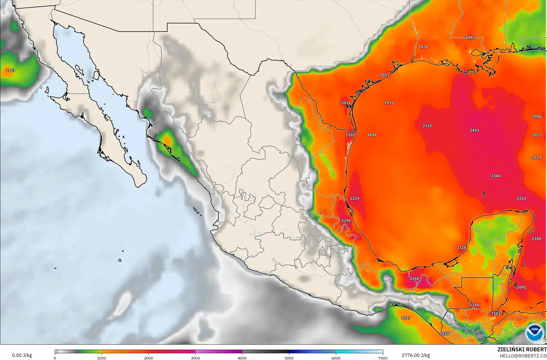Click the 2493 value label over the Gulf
point(474,130)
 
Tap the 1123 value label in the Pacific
point(10,70)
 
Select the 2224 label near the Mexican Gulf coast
point(354,198)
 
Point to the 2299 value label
point(346,221)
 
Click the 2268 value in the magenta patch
point(414,278)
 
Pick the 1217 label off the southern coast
point(406,318)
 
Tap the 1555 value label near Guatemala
point(444,334)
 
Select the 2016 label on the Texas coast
point(346,103)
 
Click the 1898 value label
point(371,135)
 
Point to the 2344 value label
point(496,176)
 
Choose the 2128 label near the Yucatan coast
point(461,247)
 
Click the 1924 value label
point(423,47)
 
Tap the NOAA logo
point(534,332)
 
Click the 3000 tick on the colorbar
point(195,358)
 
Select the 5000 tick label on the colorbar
point(289,358)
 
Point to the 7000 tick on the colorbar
point(382,358)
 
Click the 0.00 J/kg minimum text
point(22,355)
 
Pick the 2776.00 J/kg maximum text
point(416,355)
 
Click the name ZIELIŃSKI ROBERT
point(522,349)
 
